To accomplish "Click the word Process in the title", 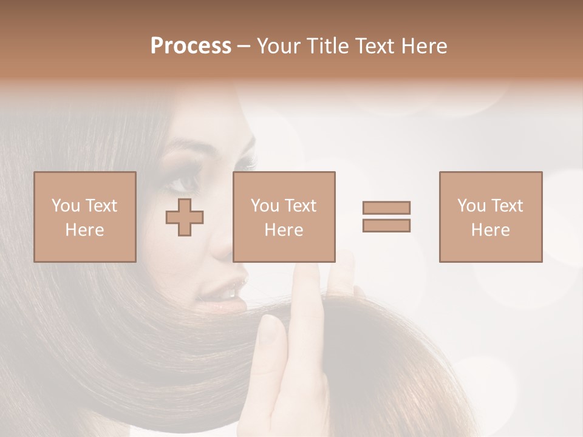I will click(x=191, y=46).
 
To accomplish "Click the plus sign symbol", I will click(x=185, y=217).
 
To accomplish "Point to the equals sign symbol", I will click(x=386, y=217).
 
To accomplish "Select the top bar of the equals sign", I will click(x=386, y=208).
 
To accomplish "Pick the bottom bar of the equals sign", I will click(x=386, y=225).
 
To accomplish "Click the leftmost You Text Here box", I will click(x=84, y=217).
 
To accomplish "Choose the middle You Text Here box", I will click(x=284, y=217).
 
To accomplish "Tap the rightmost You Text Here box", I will click(x=490, y=217).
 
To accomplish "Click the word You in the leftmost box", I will click(x=66, y=206).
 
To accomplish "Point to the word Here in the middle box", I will click(x=284, y=230).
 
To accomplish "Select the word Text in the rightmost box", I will click(x=506, y=206).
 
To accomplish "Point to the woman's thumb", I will click(x=272, y=340).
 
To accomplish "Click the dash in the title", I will click(x=244, y=46).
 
